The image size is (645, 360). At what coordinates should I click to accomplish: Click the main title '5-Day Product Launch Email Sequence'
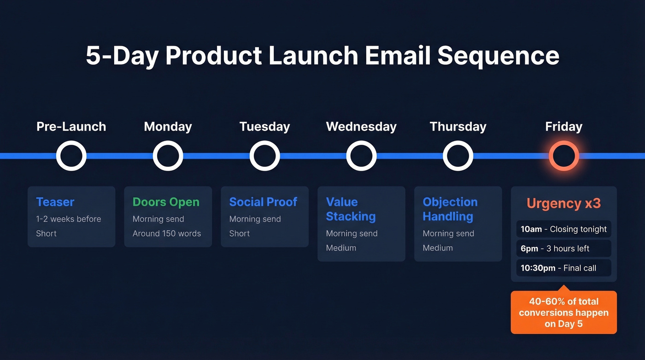pos(322,56)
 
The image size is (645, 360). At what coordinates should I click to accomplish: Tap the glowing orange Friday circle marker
pos(563,156)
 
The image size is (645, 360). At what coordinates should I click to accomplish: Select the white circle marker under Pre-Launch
pos(71,156)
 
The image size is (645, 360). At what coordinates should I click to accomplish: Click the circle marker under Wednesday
pos(362,156)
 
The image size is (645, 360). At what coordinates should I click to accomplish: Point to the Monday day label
pos(168,127)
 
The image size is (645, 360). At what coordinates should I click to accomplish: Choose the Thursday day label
pos(458,127)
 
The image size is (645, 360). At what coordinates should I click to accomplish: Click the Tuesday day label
pos(264,127)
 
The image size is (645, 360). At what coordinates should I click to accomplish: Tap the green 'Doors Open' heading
pos(166,202)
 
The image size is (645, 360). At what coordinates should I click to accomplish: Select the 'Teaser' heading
pos(55,202)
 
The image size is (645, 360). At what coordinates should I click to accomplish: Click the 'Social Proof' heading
pos(263,202)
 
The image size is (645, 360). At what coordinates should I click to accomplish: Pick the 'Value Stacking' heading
pos(351,209)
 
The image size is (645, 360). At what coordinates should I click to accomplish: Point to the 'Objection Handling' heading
pos(450,209)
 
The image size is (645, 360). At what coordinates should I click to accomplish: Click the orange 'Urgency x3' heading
pos(563,203)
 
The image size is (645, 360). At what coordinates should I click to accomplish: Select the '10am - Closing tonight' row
pos(563,229)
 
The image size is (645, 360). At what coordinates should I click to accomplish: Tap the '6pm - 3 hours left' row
pos(563,248)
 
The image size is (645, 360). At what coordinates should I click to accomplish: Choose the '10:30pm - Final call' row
pos(563,268)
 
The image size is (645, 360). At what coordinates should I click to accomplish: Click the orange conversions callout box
pos(563,313)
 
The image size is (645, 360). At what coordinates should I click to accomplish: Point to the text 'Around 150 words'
pos(167,234)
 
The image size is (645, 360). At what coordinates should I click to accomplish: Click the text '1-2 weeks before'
pos(69,219)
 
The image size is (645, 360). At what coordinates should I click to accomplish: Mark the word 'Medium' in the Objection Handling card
pos(438,248)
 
